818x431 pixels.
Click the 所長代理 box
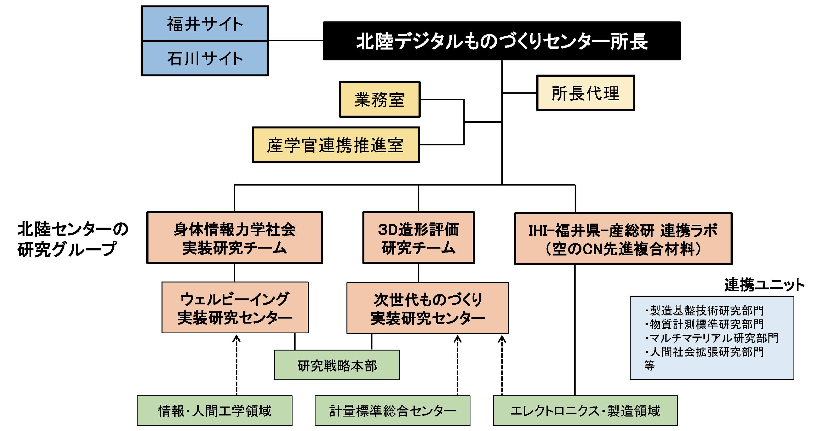click(585, 93)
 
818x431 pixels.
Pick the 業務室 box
click(379, 100)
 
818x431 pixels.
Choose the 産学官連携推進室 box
click(336, 145)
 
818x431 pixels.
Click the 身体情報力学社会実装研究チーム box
click(234, 238)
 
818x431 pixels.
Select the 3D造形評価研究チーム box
click(418, 238)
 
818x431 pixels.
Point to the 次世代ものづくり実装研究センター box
click(428, 308)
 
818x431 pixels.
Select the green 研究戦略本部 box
click(337, 365)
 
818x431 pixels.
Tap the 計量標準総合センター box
click(392, 410)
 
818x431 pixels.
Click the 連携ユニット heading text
click(764, 284)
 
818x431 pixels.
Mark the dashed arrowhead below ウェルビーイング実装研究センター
click(236, 339)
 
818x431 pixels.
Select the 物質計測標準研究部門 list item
click(706, 324)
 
